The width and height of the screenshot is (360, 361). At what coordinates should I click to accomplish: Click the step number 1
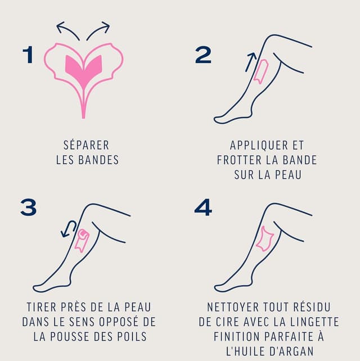tap(28, 55)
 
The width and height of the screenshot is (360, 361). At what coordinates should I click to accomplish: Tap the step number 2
tap(203, 55)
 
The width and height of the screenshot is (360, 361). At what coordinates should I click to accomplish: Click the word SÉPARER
tap(87, 146)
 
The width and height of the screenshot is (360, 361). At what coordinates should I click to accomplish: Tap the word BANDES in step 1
tap(100, 160)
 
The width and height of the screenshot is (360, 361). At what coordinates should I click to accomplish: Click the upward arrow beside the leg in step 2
tap(250, 61)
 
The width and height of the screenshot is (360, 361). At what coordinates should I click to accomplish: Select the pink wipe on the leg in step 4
tap(264, 238)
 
